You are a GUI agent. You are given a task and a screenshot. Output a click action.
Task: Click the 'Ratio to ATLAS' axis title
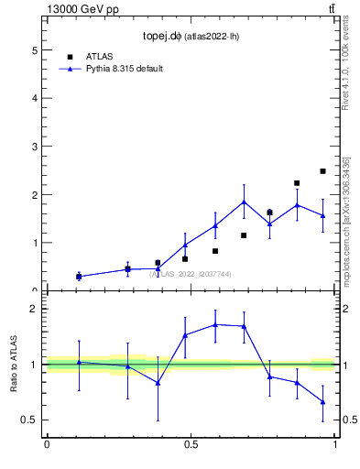[15, 364]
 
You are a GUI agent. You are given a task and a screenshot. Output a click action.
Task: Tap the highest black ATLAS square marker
[322, 171]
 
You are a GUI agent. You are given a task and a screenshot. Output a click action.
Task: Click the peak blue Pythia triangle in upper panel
[244, 202]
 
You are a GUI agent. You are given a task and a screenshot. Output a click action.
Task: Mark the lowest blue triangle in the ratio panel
[322, 401]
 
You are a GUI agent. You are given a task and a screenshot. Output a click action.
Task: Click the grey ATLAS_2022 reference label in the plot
[191, 274]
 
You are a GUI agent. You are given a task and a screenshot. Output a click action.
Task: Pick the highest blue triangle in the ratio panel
[215, 324]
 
